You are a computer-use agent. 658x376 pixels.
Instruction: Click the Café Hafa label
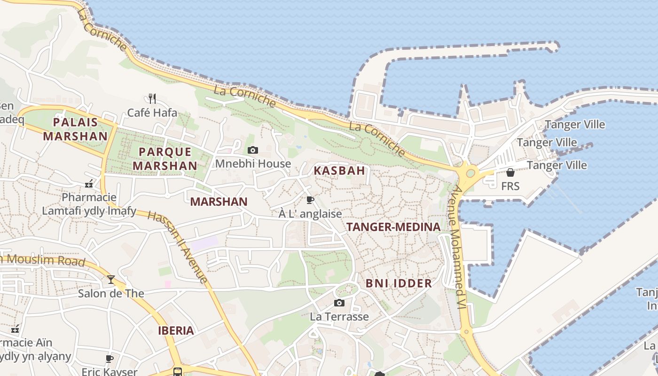click(153, 113)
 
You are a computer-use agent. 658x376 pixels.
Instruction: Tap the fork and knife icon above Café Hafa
click(152, 98)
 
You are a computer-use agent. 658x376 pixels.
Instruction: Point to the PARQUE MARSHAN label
click(165, 159)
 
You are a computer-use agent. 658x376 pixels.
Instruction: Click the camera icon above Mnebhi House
click(253, 150)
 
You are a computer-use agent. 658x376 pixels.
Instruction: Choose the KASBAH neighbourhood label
click(339, 171)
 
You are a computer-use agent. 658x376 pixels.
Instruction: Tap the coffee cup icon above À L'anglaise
click(310, 200)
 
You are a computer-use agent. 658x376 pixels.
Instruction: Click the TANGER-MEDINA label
click(393, 227)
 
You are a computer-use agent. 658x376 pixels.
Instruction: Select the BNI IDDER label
click(399, 283)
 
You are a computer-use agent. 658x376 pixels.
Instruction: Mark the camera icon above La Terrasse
click(339, 303)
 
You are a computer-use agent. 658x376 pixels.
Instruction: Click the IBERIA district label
click(176, 330)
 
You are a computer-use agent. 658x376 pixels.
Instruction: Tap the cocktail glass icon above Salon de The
click(111, 280)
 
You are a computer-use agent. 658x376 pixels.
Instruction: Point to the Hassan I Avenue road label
click(178, 247)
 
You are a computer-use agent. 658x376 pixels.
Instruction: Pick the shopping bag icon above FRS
click(510, 172)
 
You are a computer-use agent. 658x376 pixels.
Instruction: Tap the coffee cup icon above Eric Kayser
click(110, 359)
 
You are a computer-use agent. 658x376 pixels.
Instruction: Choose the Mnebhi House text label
click(253, 164)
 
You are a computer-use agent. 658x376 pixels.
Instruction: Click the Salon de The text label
click(111, 294)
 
